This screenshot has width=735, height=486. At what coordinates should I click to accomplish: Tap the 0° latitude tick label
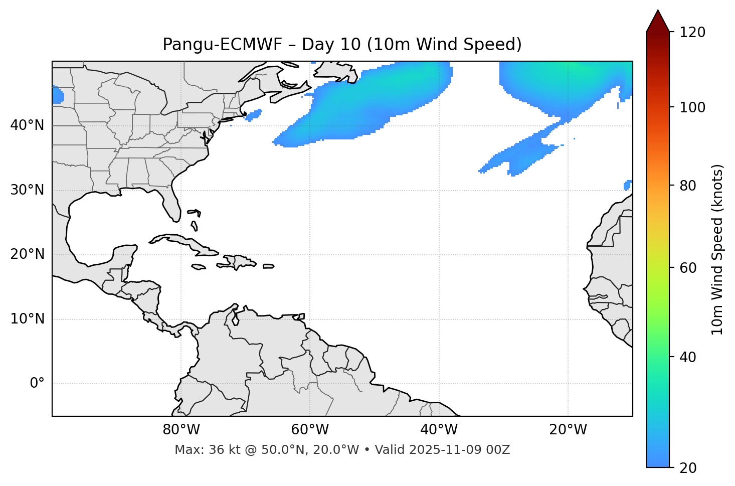coord(37,384)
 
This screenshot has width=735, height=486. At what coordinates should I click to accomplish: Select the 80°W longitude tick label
coord(181,430)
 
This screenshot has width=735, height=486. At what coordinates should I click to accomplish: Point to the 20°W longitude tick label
coord(568,430)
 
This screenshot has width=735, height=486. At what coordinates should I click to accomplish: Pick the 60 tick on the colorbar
coord(688,268)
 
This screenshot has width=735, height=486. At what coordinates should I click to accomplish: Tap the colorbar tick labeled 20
coord(688,468)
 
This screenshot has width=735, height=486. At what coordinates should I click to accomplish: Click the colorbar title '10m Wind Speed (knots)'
coord(717,249)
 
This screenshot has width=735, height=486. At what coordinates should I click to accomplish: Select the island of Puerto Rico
coord(269,266)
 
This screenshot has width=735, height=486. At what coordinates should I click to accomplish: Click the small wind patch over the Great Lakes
coord(58,95)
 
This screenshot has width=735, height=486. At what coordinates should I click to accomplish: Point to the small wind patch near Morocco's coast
coord(627,186)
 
